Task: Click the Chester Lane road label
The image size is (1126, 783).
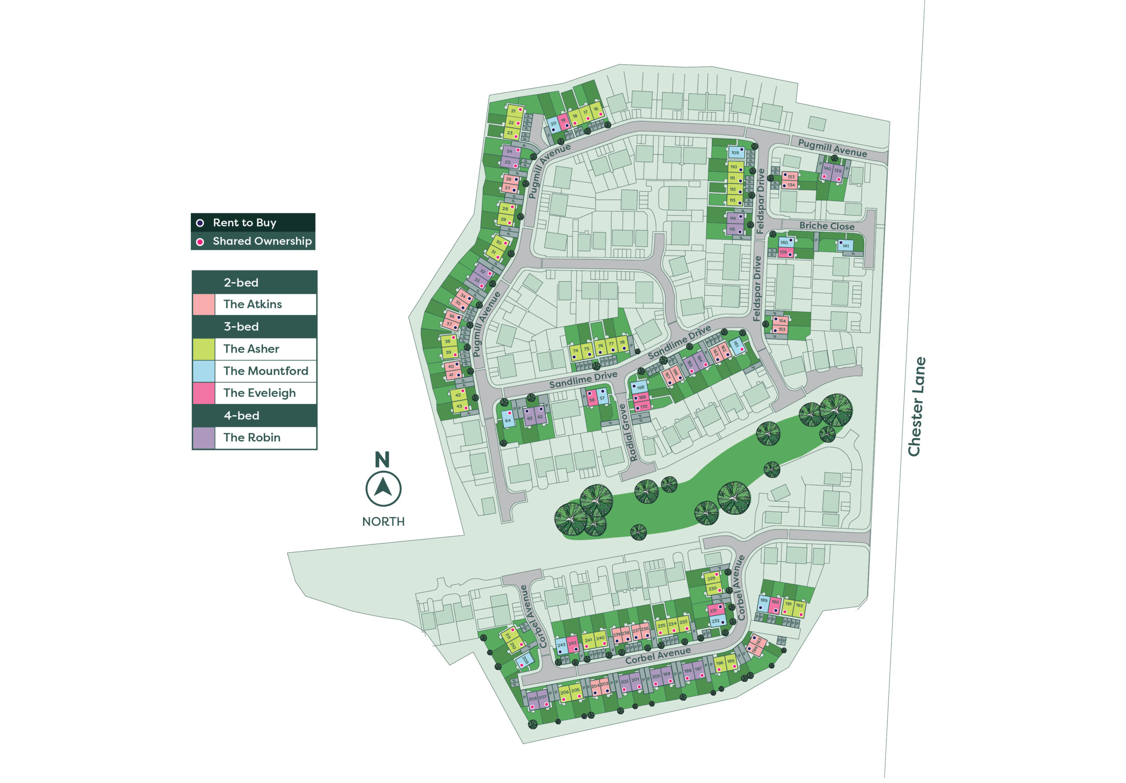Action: [916, 407]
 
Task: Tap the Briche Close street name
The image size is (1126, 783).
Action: [826, 226]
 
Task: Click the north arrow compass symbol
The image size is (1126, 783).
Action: [383, 488]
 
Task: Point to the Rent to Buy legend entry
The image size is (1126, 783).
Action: [244, 222]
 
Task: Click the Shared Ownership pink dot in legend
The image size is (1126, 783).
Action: [200, 242]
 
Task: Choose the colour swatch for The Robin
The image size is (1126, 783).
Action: [204, 438]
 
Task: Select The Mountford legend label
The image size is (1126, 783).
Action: [265, 371]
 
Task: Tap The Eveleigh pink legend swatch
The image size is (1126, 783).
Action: [204, 393]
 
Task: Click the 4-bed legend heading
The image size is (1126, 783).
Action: [241, 416]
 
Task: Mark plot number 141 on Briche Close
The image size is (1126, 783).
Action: [845, 246]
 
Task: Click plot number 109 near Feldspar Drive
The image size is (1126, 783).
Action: [735, 153]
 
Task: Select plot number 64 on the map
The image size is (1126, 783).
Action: [508, 420]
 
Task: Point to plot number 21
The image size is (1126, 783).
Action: [513, 111]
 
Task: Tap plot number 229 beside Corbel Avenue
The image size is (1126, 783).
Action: [711, 579]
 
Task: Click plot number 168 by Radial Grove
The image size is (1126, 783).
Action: [640, 387]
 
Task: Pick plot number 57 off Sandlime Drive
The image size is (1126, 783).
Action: [602, 398]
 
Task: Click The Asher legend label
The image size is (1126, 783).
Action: [251, 349]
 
